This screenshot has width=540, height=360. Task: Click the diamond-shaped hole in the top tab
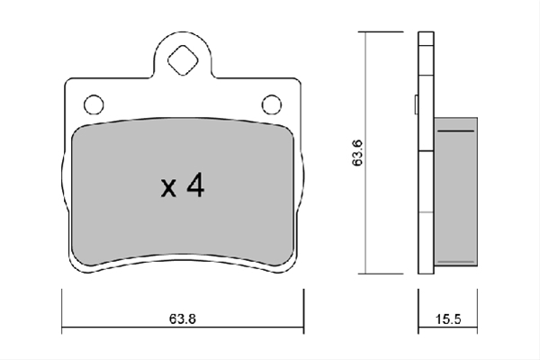point(183,60)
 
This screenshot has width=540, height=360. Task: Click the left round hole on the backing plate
point(94,104)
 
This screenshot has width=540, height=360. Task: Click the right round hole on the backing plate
point(272,104)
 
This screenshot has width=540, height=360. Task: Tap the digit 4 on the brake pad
point(195,185)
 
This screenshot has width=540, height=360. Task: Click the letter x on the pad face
point(168,188)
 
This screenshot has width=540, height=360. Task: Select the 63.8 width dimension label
point(183,319)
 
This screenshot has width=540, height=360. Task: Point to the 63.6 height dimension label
point(357,153)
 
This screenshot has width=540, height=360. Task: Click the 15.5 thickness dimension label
point(448,319)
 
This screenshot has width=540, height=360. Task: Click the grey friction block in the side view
point(455,192)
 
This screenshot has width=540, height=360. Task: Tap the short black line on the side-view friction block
point(455,131)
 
